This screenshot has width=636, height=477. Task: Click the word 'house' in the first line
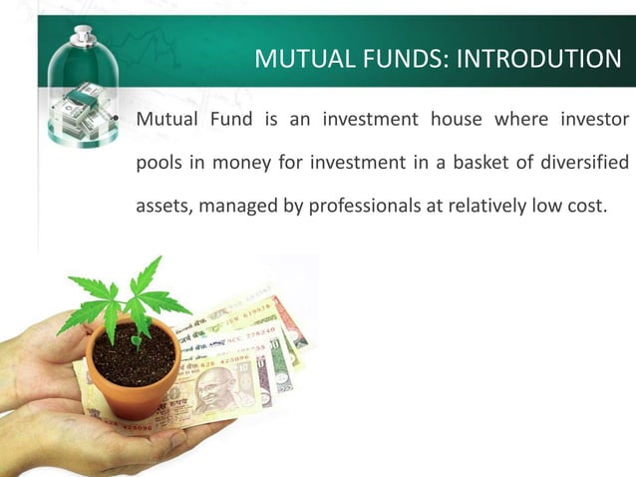click(x=454, y=122)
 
